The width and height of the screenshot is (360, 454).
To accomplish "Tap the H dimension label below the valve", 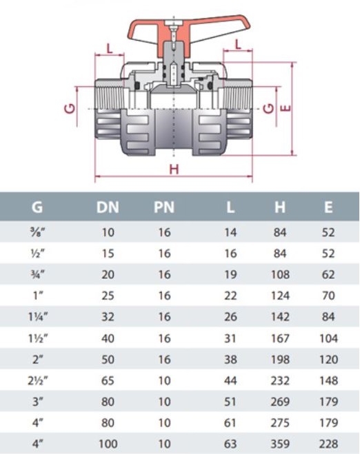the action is point(174,169).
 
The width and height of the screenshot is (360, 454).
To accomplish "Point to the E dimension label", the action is point(286,108).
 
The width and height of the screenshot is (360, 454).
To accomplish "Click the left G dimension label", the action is point(70,109).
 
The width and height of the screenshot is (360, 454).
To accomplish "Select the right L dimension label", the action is point(238,45).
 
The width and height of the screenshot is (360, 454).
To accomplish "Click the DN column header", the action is point(108,207).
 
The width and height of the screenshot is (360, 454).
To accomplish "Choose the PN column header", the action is point(164,207).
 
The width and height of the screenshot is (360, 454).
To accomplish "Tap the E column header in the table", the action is point(328,207).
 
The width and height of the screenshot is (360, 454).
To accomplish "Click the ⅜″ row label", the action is point(38,232).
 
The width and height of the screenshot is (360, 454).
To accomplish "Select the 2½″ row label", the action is point(38,380).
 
